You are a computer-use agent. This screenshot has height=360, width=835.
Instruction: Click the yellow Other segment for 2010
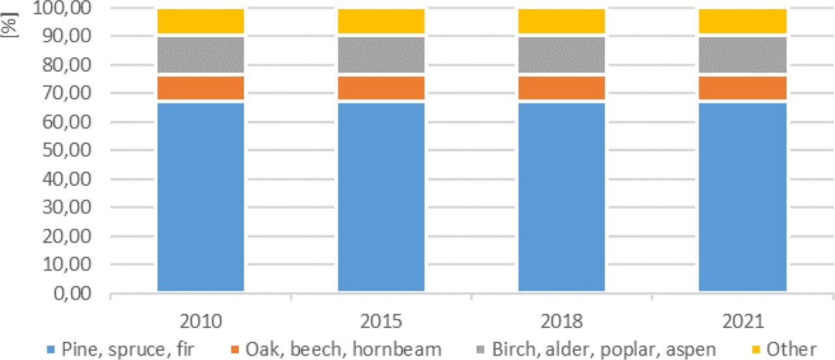[200, 21]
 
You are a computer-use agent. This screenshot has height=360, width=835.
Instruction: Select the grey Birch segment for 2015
[381, 55]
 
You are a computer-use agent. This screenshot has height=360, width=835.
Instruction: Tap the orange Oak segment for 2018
[561, 88]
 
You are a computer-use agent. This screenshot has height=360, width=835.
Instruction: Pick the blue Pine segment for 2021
[742, 196]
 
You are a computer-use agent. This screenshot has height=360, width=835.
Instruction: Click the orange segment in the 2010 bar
[200, 88]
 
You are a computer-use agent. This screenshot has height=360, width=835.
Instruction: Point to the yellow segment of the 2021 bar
[742, 21]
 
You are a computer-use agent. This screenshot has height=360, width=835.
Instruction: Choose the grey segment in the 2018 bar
[561, 55]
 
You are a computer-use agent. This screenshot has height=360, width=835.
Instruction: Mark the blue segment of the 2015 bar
[381, 196]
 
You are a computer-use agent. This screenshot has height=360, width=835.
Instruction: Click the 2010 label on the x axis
[200, 322]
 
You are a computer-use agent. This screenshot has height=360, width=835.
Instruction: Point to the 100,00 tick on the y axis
[68, 8]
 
